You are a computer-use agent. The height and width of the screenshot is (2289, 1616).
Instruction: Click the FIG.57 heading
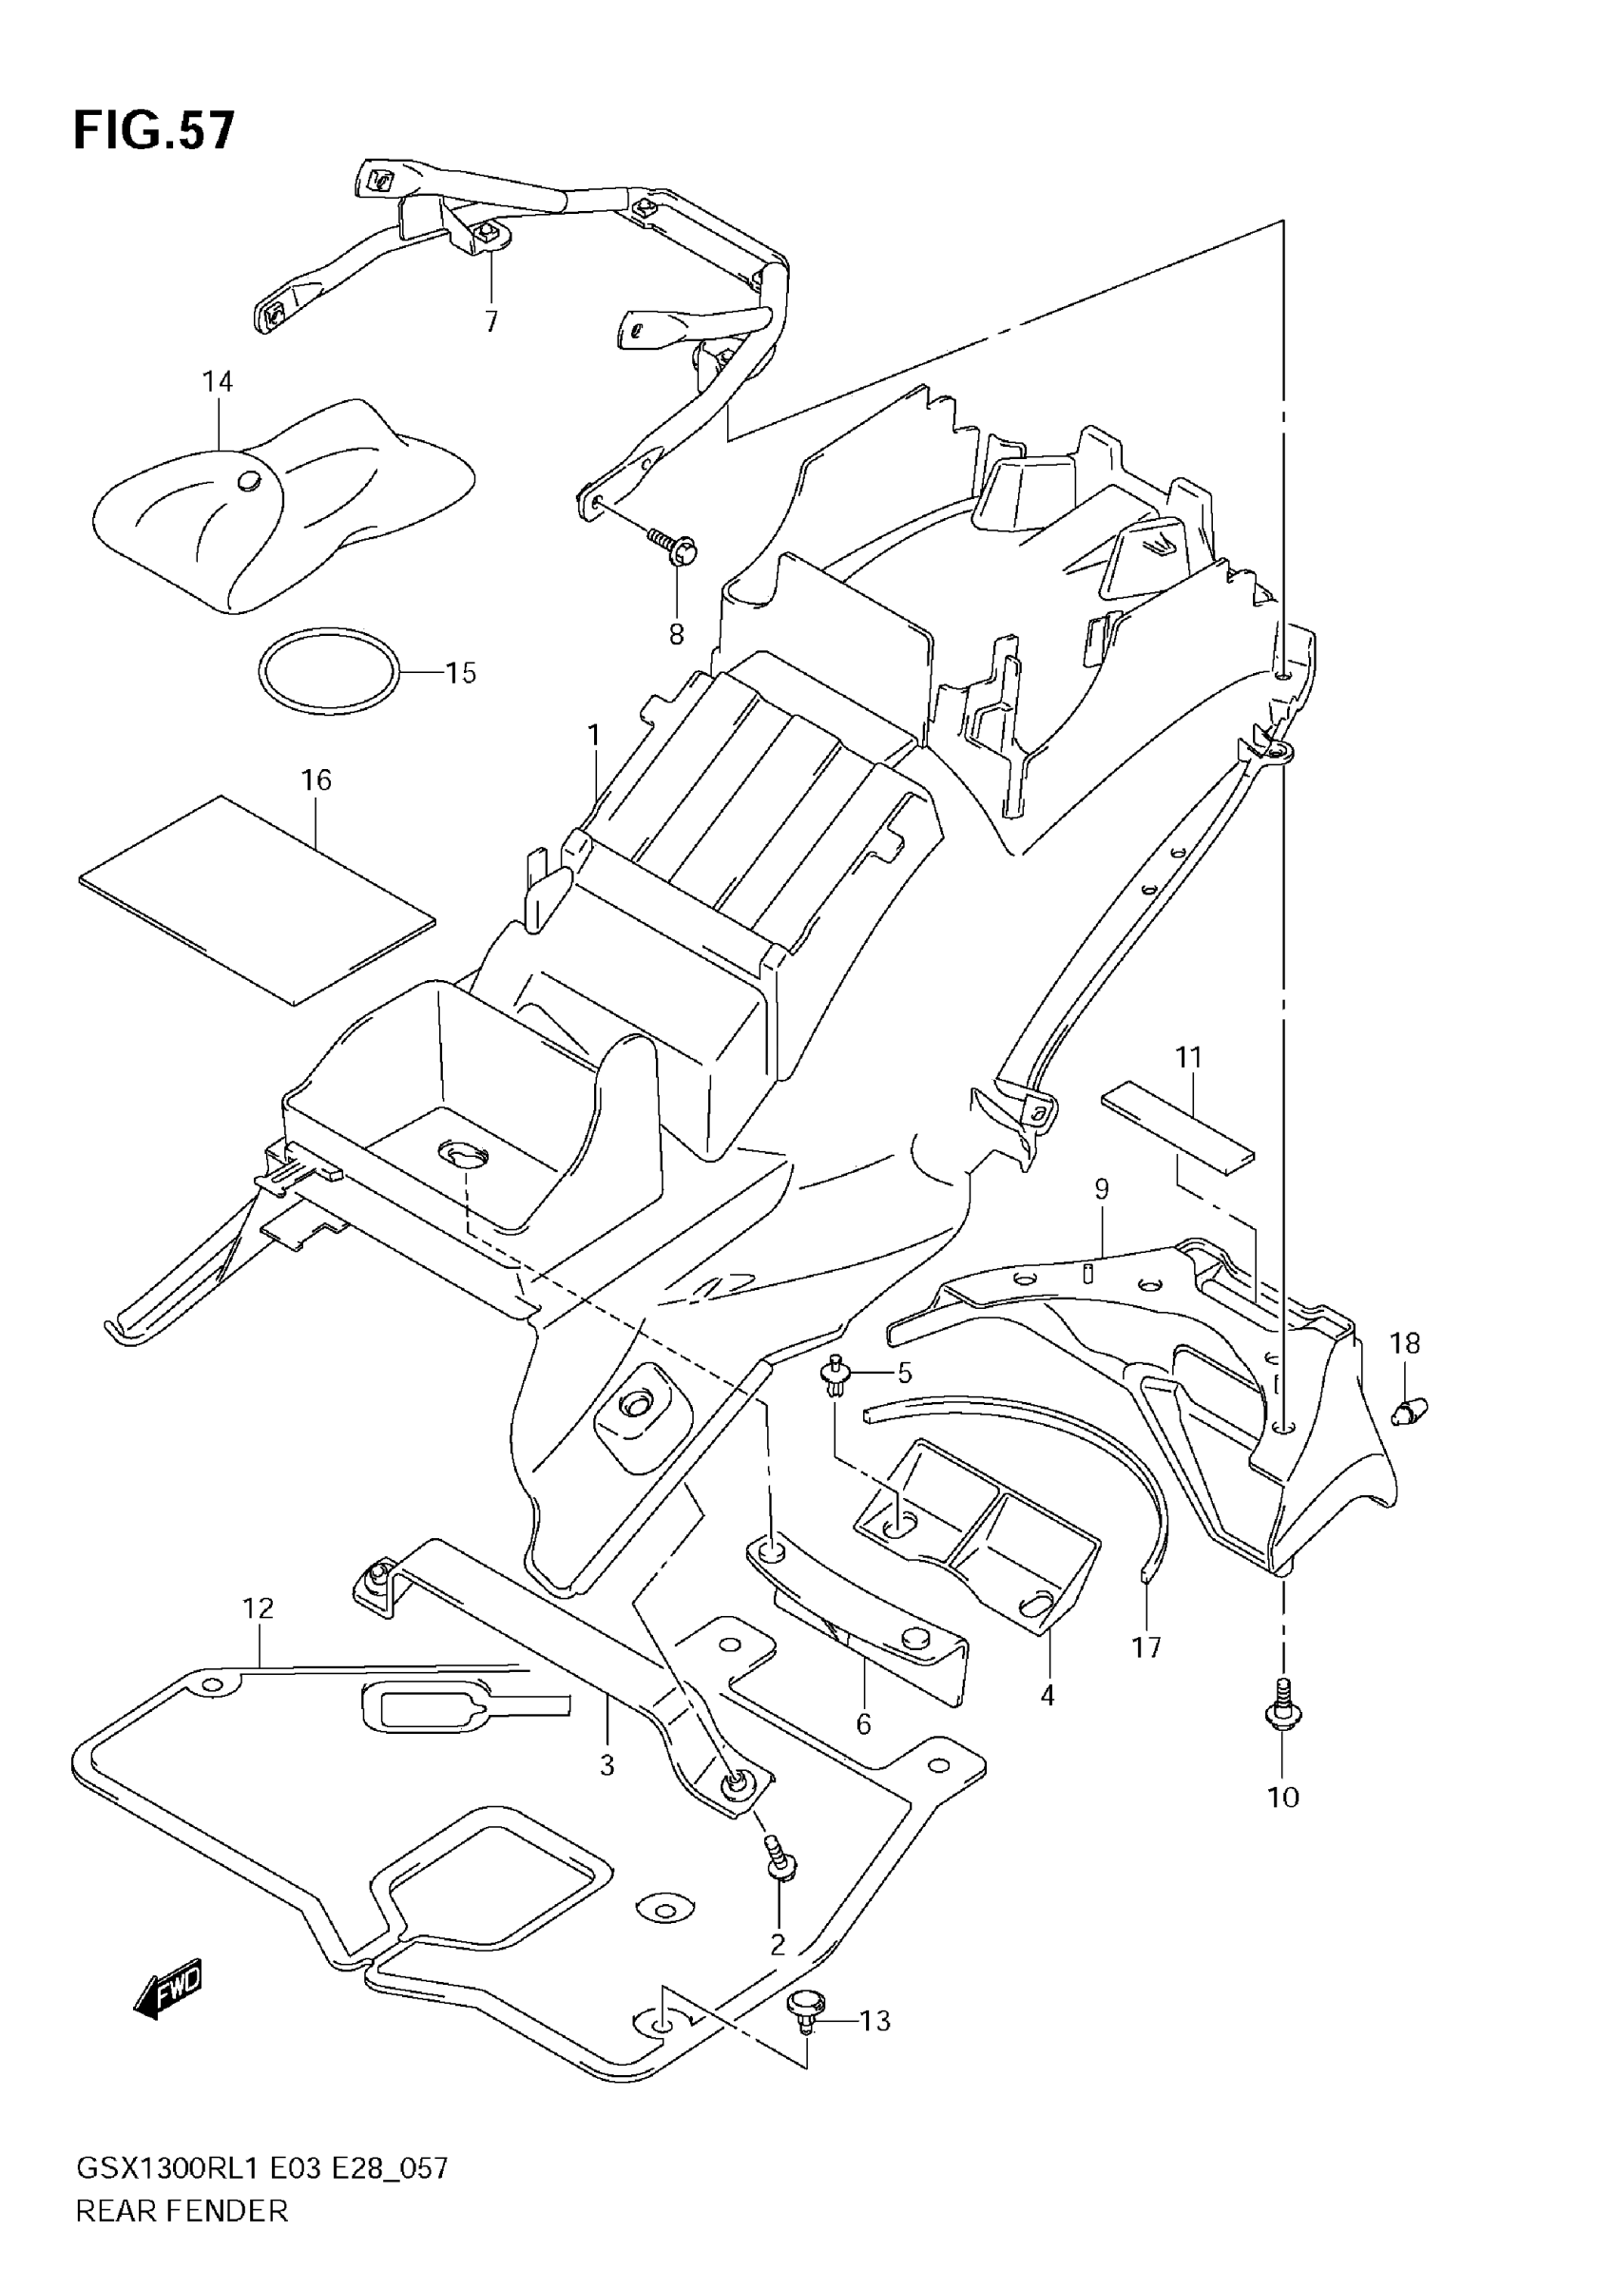click(155, 130)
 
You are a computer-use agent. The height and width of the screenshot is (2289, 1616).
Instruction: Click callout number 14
click(218, 382)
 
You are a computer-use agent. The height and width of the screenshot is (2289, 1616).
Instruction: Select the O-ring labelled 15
click(329, 671)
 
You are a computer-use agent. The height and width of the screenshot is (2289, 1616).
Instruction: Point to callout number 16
click(316, 779)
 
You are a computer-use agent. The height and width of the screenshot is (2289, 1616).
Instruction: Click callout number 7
click(491, 322)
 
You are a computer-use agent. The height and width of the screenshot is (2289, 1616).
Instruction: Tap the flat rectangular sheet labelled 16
click(257, 898)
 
